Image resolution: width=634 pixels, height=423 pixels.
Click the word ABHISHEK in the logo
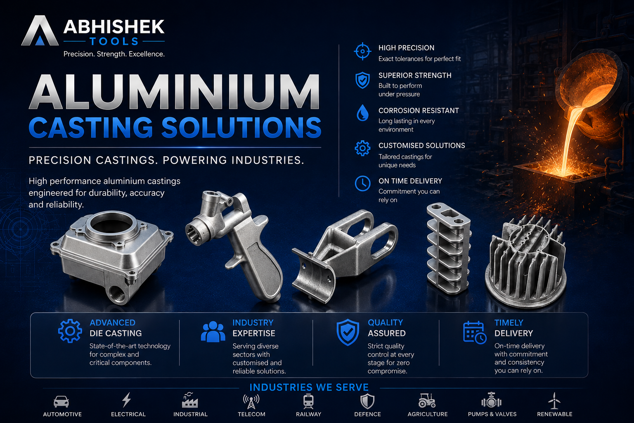tap(114, 27)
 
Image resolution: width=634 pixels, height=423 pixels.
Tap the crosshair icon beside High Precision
tap(362, 51)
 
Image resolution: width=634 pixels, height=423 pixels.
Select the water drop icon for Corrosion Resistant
tap(362, 113)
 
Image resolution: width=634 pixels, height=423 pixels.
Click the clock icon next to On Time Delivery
tap(362, 183)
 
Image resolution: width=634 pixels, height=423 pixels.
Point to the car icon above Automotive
tap(61, 402)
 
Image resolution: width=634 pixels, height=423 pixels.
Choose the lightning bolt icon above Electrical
tap(127, 400)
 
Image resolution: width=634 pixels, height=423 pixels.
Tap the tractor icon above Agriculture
tap(427, 400)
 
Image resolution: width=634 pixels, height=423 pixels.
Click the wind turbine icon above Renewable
tap(554, 400)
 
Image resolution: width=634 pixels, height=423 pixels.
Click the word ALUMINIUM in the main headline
tap(175, 92)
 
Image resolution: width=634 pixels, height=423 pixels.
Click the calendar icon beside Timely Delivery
tap(475, 333)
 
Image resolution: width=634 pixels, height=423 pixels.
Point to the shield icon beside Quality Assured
tap(348, 332)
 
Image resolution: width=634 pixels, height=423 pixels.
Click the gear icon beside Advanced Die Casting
tap(70, 331)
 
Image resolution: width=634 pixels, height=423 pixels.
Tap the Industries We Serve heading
tap(309, 387)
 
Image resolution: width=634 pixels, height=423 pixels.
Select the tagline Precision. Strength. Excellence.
tap(114, 54)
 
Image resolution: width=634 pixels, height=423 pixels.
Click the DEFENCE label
tap(367, 414)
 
